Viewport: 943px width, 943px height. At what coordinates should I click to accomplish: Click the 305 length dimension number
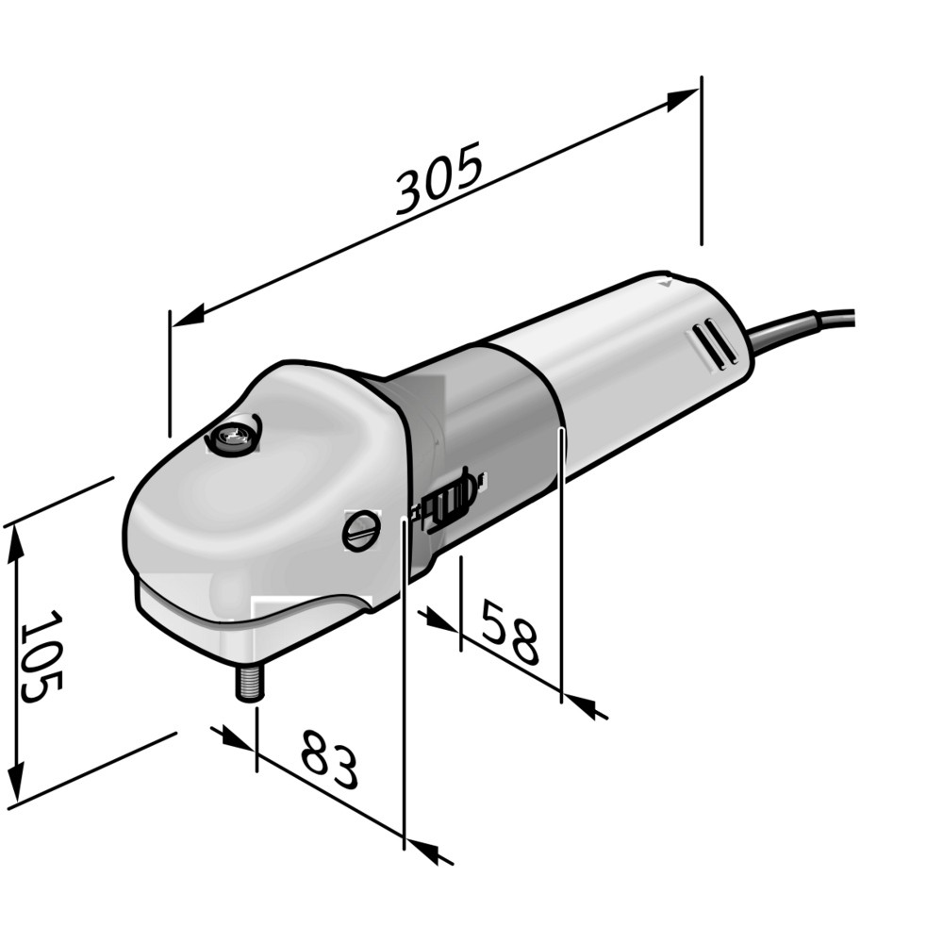click(440, 177)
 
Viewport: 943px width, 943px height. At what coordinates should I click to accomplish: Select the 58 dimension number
click(509, 632)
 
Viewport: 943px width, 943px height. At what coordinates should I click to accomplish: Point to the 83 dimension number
click(329, 759)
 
